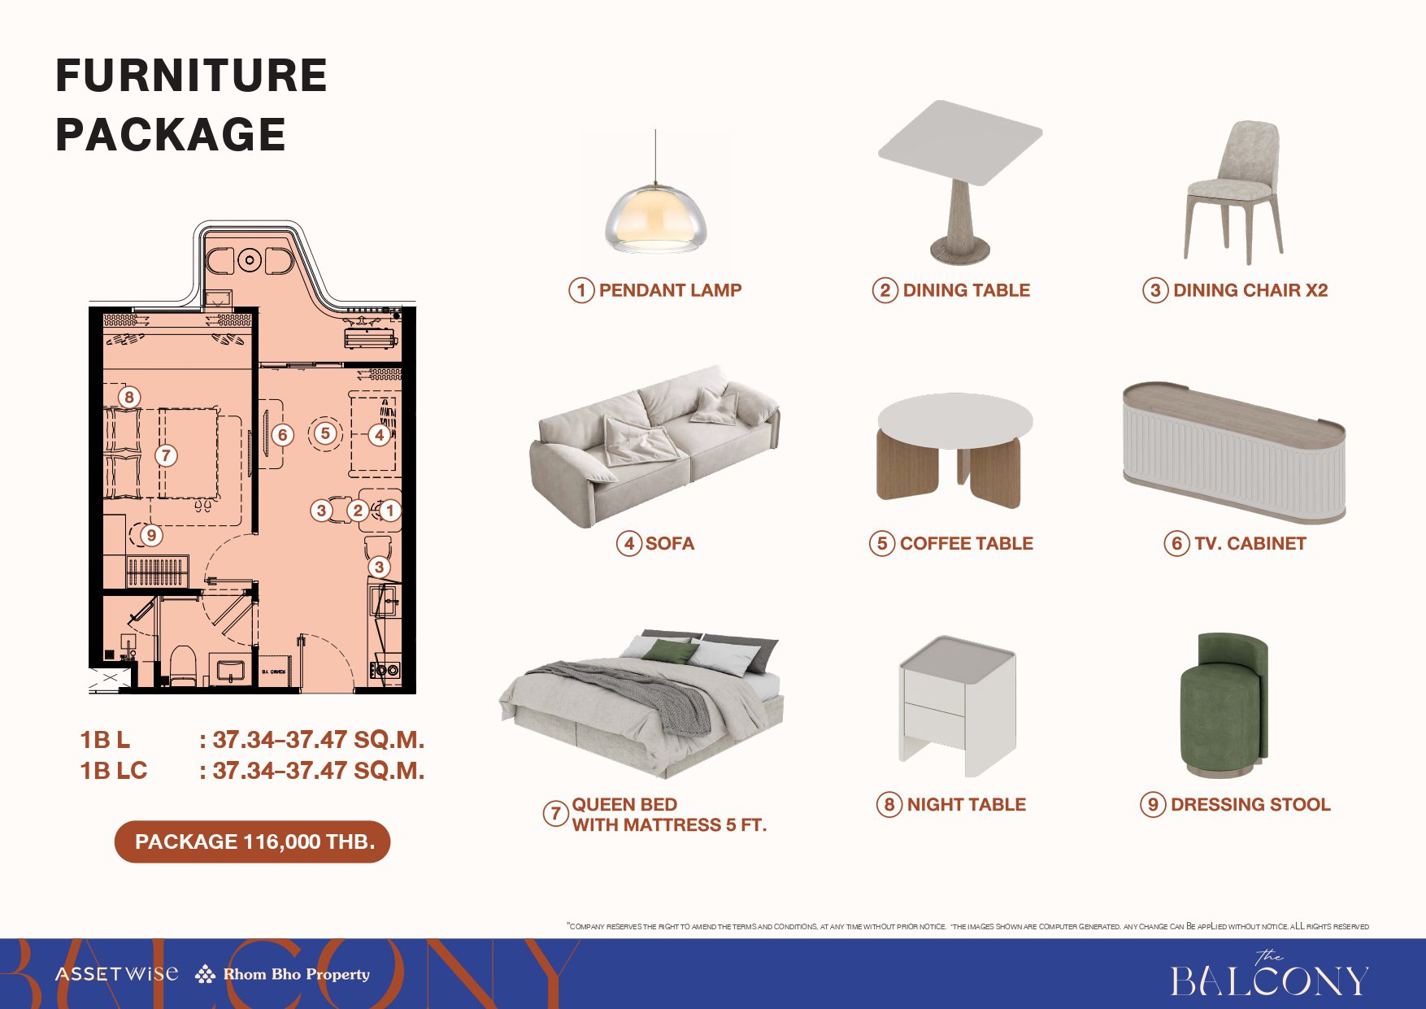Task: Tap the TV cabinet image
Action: click(x=1233, y=452)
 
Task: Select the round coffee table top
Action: click(x=955, y=420)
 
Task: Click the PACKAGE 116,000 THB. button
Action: click(x=253, y=842)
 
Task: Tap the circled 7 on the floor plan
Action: click(x=166, y=455)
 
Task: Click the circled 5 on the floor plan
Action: click(x=325, y=433)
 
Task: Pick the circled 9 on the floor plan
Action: click(x=151, y=535)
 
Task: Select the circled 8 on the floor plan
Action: click(x=129, y=397)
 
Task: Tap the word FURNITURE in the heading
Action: click(x=191, y=76)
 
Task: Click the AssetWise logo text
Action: click(x=116, y=973)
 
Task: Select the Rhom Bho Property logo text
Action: click(x=296, y=974)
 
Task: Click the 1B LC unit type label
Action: click(x=113, y=770)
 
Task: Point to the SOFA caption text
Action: click(x=669, y=543)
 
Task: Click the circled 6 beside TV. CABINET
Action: click(x=1176, y=543)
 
